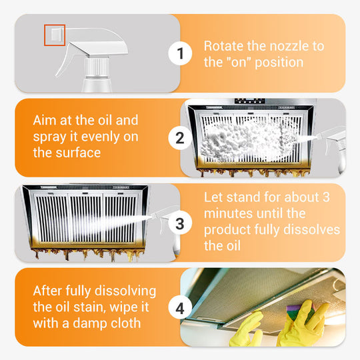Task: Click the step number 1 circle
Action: [x=180, y=53]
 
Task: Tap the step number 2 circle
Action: [x=180, y=138]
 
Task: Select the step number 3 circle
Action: [x=180, y=223]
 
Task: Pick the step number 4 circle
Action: [x=180, y=308]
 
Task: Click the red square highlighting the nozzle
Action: [x=54, y=35]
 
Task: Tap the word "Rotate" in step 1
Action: [x=223, y=46]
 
